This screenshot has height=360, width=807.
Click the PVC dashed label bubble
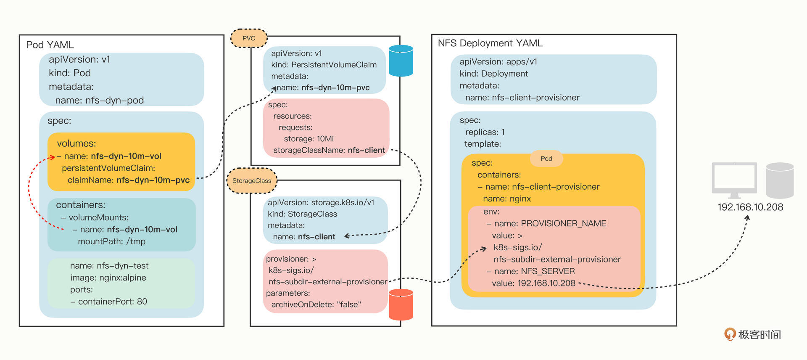[x=249, y=38]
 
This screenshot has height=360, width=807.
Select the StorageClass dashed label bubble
[x=252, y=181]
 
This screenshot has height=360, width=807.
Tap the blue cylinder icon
[x=401, y=61]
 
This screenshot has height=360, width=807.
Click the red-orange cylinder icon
[x=401, y=305]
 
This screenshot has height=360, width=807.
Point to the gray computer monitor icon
[x=734, y=180]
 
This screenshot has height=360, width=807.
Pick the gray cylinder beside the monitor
[x=780, y=180]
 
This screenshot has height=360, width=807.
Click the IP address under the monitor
[x=750, y=207]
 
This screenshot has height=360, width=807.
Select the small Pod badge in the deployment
[x=546, y=159]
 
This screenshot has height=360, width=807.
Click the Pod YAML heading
[x=50, y=45]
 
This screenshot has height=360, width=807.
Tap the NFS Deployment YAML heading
[x=490, y=43]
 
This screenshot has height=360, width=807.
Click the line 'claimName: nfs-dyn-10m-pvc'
[x=128, y=180]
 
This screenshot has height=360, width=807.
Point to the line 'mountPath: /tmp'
[x=111, y=241]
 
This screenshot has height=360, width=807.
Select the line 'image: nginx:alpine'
[x=108, y=278]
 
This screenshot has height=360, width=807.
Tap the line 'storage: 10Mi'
[x=309, y=139]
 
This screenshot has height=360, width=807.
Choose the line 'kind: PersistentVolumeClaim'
[x=324, y=65]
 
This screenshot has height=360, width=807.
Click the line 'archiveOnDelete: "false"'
[x=316, y=304]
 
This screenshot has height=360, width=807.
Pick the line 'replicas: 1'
[x=485, y=132]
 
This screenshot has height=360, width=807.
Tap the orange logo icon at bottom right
[x=730, y=334]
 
